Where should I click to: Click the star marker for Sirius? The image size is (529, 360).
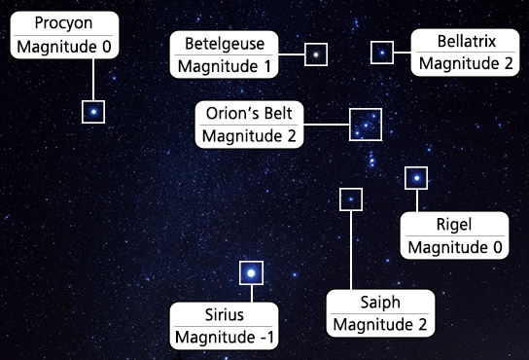250,273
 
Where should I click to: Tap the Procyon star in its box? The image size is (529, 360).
93,112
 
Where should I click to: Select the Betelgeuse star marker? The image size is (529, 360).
316,54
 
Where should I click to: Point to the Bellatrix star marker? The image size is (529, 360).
383,53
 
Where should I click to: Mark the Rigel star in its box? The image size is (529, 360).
416,178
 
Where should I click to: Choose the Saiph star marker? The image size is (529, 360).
350,199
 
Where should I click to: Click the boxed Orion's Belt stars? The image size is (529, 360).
366,125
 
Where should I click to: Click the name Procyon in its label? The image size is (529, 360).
64,23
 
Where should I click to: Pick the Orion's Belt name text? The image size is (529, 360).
249,112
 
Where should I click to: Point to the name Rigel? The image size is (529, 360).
454,225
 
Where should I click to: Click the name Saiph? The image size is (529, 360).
379,303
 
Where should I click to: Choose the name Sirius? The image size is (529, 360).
225,315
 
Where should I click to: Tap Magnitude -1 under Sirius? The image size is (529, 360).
225,338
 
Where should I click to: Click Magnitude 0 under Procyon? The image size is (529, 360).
64,47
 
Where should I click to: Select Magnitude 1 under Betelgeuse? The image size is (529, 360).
224,66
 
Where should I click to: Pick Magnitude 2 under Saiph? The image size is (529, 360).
379,325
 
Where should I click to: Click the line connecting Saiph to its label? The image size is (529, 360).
350,248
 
